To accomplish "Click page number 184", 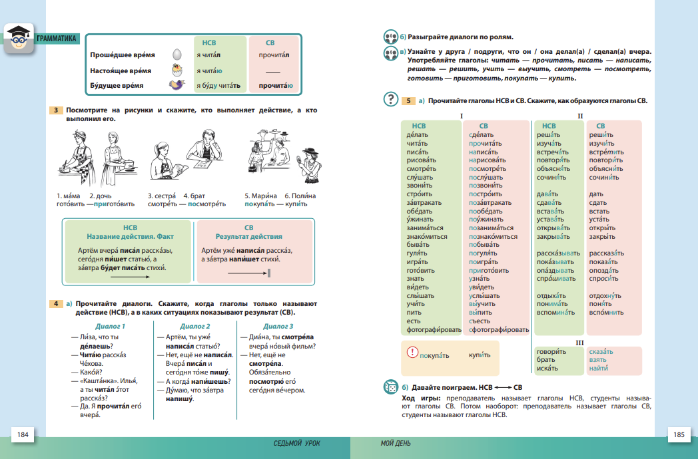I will (23, 435).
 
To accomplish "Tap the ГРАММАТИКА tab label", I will (58, 39).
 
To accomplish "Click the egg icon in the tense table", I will (176, 55).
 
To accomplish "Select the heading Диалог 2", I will (194, 326).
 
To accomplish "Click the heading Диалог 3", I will (278, 326).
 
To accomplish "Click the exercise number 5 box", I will (409, 101).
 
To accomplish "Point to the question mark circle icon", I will (390, 100).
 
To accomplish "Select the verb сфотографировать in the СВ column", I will (499, 330).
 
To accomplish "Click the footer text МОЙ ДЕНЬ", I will (396, 443).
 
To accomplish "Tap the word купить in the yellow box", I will (479, 355).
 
